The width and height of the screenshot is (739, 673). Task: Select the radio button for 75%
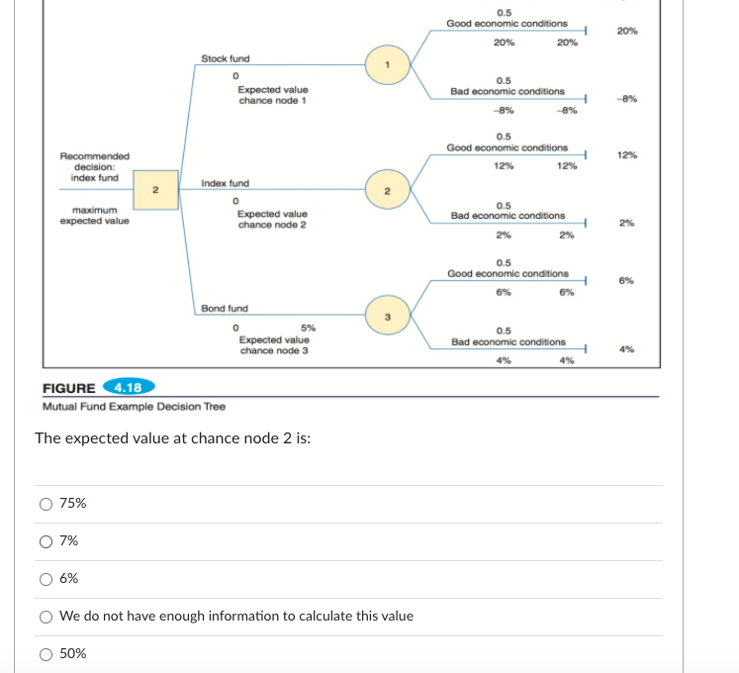click(46, 503)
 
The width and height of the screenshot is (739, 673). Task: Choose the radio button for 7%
click(46, 540)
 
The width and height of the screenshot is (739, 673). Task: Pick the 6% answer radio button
click(46, 578)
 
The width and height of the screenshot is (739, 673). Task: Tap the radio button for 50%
click(46, 653)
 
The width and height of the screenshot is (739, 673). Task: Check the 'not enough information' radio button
click(46, 616)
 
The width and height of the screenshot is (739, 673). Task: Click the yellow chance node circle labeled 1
click(388, 66)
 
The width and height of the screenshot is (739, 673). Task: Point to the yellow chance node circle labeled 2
click(388, 191)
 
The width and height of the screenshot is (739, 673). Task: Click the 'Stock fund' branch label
click(226, 59)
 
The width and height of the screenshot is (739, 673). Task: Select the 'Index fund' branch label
click(226, 183)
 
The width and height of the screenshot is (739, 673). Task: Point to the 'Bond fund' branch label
click(225, 309)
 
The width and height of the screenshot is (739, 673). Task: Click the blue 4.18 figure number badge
click(127, 387)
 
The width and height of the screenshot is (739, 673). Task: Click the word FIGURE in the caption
click(69, 388)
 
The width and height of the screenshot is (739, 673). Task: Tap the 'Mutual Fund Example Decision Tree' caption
click(135, 407)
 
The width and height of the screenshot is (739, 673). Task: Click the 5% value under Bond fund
click(308, 328)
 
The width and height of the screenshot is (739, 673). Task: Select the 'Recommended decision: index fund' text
click(94, 166)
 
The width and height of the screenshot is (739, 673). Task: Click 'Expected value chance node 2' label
click(272, 219)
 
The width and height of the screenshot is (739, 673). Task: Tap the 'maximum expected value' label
click(94, 215)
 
